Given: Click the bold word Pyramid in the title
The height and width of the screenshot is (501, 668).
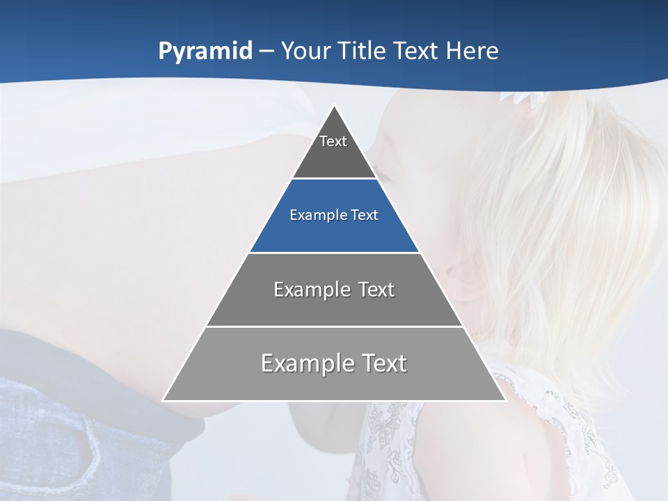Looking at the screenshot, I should pos(205,51).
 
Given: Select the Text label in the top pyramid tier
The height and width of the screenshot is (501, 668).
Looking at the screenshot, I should pos(333,141).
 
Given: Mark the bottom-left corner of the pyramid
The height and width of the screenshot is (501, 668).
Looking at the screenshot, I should pos(164,400).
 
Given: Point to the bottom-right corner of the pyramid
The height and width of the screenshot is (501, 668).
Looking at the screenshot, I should pos(505,400).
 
